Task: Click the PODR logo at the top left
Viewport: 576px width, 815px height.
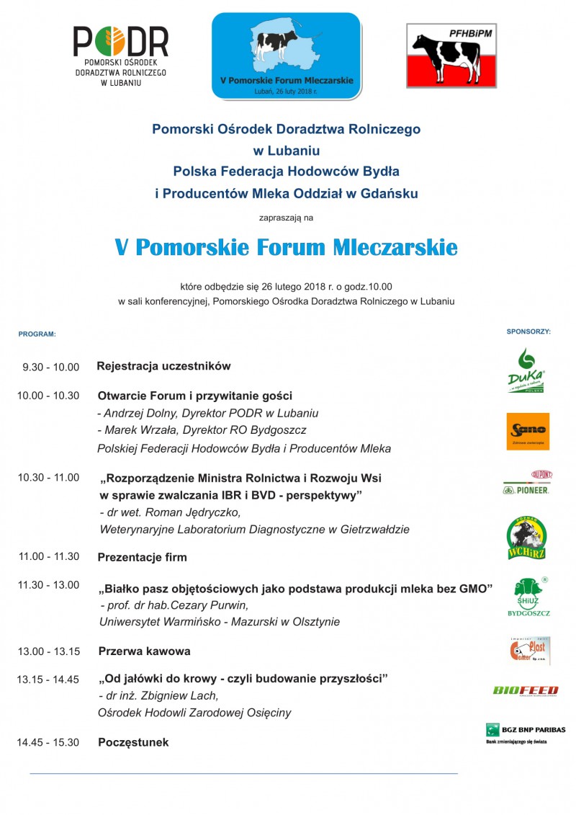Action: click(x=121, y=56)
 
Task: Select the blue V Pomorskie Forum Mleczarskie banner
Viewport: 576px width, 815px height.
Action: click(x=286, y=55)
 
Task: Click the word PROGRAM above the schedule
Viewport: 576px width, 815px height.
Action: click(x=37, y=334)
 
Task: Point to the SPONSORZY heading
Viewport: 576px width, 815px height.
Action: click(x=528, y=332)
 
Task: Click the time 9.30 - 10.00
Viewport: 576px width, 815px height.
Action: click(x=50, y=367)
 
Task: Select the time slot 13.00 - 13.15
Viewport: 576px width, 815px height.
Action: click(x=48, y=651)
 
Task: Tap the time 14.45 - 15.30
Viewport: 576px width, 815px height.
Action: click(x=48, y=742)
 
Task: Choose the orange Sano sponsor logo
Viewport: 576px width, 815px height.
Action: click(x=528, y=431)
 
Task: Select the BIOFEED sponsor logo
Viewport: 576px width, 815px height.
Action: click(x=526, y=690)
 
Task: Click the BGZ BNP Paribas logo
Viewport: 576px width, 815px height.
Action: click(x=525, y=733)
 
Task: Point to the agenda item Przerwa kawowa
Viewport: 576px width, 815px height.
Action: click(x=144, y=651)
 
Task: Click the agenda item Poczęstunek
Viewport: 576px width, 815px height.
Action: click(x=133, y=742)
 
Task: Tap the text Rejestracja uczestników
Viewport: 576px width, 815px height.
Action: click(x=163, y=366)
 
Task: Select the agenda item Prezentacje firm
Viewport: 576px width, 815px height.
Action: click(x=142, y=557)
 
